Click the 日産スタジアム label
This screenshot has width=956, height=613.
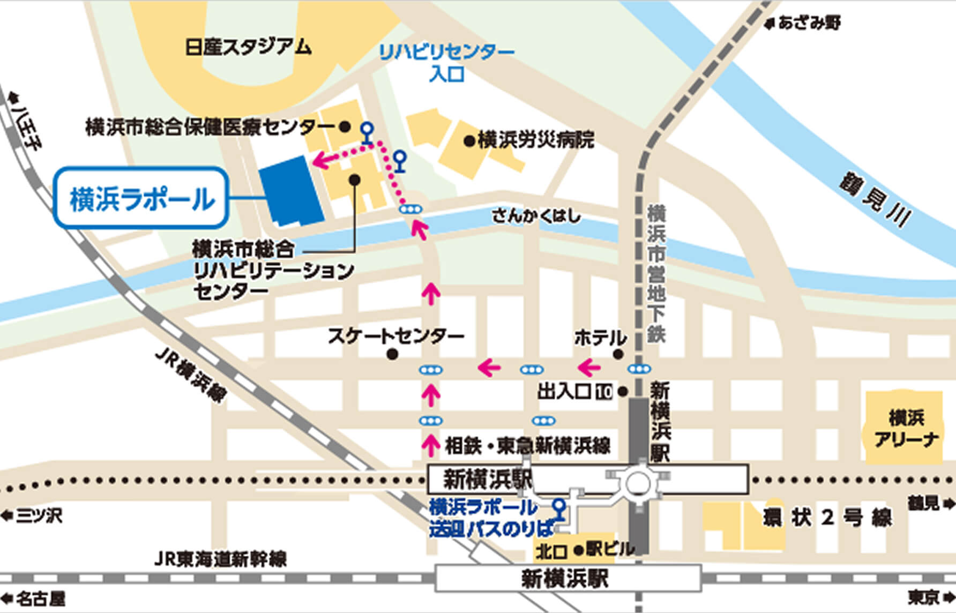coord(248,47)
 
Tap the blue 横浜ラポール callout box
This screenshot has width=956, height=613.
coord(141,199)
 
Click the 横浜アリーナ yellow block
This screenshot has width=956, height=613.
coord(905,428)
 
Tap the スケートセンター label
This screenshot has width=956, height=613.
coord(395,337)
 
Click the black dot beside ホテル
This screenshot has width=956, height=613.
coord(618,354)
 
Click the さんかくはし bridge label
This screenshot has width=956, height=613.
coord(536,216)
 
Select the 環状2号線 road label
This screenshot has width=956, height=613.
coord(827,518)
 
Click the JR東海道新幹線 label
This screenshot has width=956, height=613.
coord(220,559)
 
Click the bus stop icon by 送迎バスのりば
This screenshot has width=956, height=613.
coord(559,509)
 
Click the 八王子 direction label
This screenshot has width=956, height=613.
coord(25,123)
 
